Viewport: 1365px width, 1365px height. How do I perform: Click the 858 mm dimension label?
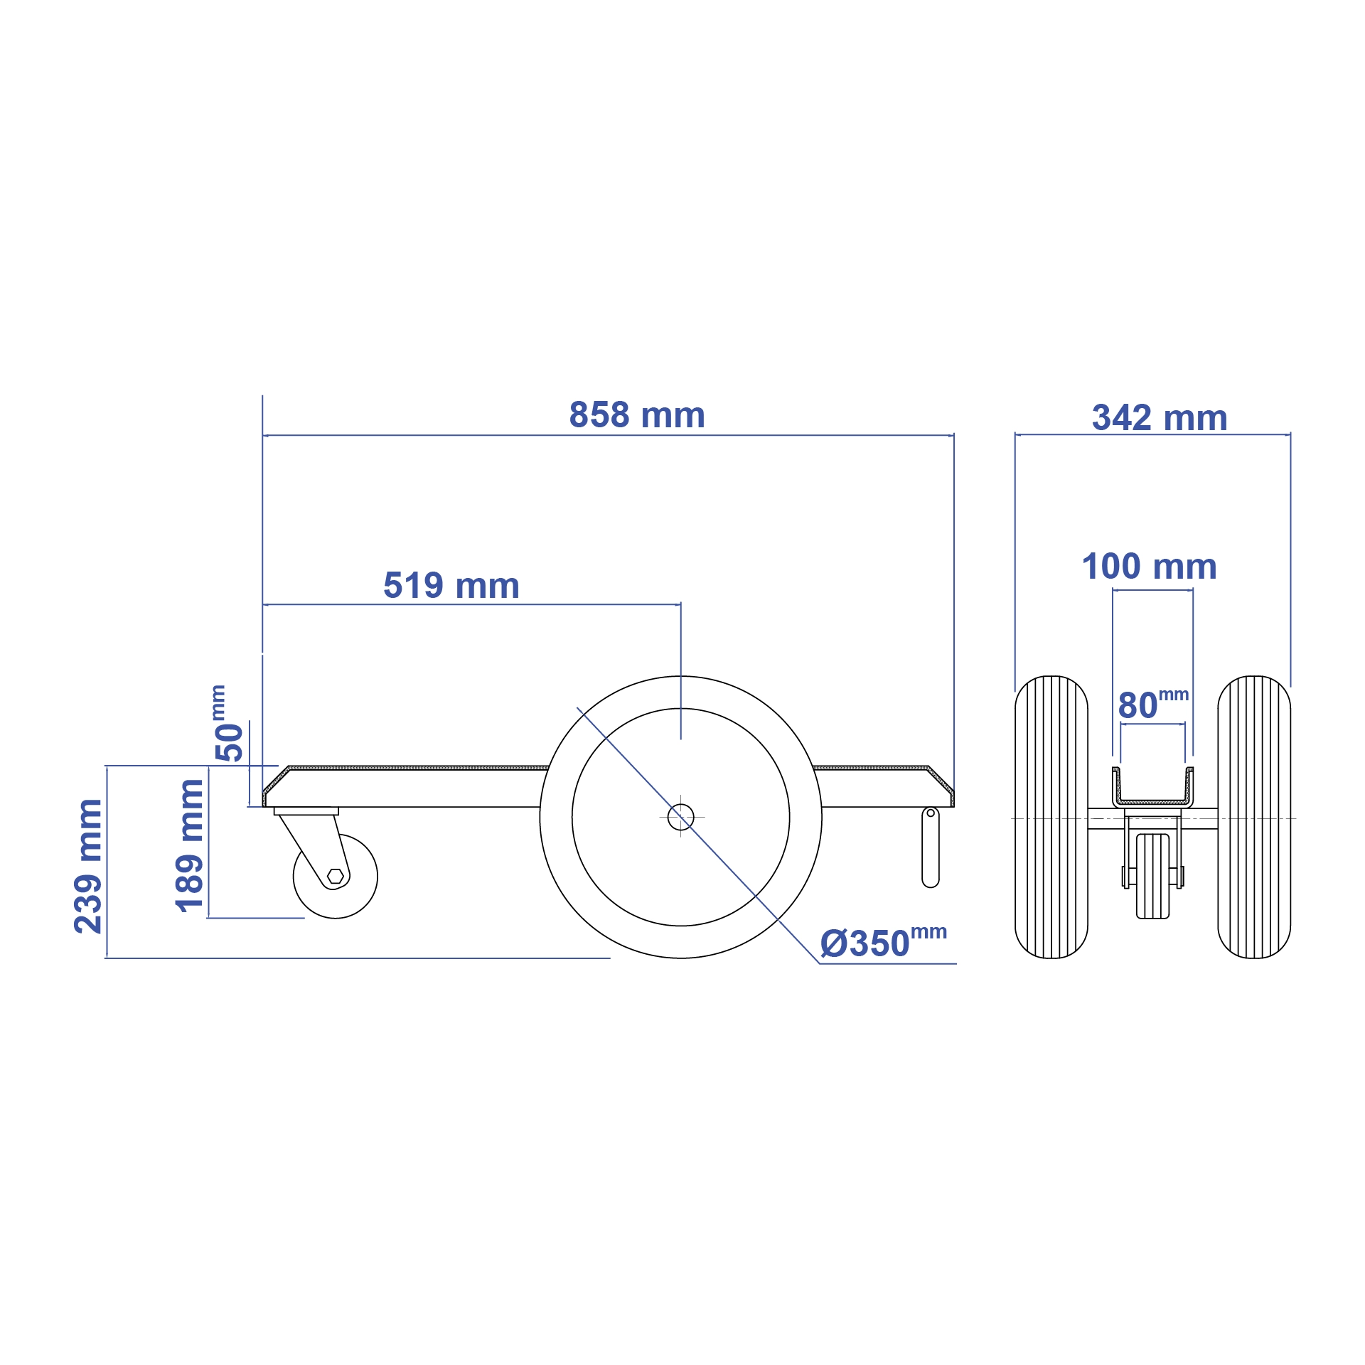[636, 415]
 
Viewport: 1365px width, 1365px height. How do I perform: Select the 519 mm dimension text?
[451, 586]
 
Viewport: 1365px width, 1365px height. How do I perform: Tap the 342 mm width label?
[1160, 418]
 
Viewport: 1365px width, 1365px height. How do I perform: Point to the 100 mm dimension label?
[1149, 567]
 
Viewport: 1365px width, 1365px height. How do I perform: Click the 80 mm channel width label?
[1152, 705]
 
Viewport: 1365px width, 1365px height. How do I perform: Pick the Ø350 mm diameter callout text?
[882, 943]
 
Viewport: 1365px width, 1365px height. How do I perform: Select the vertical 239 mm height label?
[89, 865]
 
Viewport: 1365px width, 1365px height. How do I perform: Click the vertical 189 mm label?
[190, 845]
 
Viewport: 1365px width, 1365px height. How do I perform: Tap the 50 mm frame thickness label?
[228, 723]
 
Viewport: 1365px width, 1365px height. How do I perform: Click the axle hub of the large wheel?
[680, 817]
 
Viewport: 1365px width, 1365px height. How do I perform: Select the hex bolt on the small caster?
[336, 876]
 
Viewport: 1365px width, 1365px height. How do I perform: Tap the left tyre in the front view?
[1051, 817]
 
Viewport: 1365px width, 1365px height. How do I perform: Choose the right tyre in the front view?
[1253, 817]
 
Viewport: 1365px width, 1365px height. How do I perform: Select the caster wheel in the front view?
[1152, 876]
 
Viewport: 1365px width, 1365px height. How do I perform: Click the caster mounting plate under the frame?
[306, 811]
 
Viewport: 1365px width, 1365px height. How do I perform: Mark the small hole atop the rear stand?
[930, 813]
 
